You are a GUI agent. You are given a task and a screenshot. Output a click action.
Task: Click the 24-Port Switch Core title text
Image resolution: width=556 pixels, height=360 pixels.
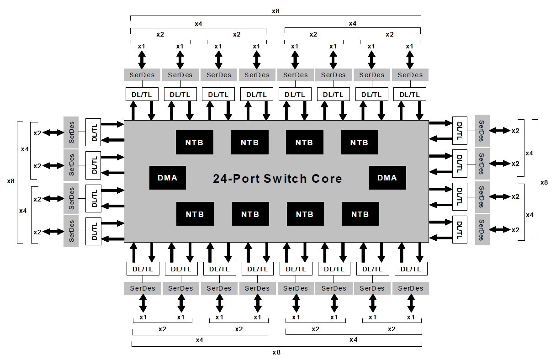click(x=277, y=179)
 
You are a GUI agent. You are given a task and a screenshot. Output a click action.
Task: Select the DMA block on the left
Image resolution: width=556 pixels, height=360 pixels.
click(x=168, y=178)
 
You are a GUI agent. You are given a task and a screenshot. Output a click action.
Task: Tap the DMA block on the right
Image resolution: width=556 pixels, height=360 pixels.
click(x=387, y=178)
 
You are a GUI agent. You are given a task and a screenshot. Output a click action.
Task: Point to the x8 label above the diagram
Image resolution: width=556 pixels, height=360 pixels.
click(x=275, y=10)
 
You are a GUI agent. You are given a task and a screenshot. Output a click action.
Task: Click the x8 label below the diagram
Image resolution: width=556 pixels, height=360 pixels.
click(x=276, y=352)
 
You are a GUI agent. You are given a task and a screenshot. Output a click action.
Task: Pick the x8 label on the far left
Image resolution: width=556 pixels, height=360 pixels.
click(x=11, y=181)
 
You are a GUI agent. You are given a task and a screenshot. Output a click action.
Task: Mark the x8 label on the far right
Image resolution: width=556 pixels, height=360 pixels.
click(x=544, y=182)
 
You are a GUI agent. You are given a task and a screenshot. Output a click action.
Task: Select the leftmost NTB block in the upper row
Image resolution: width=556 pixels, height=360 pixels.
click(x=194, y=142)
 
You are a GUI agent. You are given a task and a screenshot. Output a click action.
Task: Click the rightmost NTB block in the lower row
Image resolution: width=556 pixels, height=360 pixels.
click(x=360, y=214)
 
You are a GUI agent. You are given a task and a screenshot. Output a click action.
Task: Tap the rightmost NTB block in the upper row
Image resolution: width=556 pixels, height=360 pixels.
click(x=359, y=142)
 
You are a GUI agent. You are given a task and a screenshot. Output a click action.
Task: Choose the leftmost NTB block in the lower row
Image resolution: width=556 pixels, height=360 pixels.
click(x=195, y=214)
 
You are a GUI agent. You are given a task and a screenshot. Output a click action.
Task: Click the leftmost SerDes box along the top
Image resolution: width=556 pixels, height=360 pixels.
click(x=142, y=75)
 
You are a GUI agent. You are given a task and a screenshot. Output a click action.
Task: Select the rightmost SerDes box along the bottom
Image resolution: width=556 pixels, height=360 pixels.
click(x=410, y=288)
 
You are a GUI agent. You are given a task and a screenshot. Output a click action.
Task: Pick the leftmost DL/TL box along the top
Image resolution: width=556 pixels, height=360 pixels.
click(x=142, y=94)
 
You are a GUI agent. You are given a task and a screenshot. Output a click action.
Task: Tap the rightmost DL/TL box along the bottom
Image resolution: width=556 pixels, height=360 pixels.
click(x=410, y=269)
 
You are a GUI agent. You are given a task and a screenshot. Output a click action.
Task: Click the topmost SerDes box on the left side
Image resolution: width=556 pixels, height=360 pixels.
click(x=71, y=132)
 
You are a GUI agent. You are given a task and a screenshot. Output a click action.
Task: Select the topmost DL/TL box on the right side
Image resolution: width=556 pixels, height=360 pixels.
click(x=460, y=130)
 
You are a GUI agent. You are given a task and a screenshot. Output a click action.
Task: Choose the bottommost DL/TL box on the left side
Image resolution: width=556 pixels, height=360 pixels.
click(x=94, y=231)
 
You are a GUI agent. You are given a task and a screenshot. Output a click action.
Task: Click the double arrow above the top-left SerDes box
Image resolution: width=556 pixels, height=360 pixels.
click(x=142, y=59)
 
